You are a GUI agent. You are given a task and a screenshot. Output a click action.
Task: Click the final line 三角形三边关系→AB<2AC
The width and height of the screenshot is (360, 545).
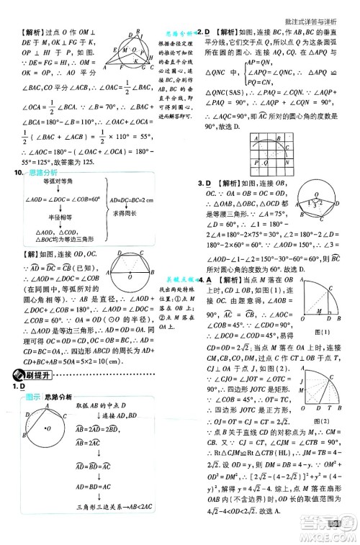tap(103, 528)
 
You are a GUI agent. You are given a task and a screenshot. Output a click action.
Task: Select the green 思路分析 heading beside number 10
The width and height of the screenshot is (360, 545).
tap(40, 173)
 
